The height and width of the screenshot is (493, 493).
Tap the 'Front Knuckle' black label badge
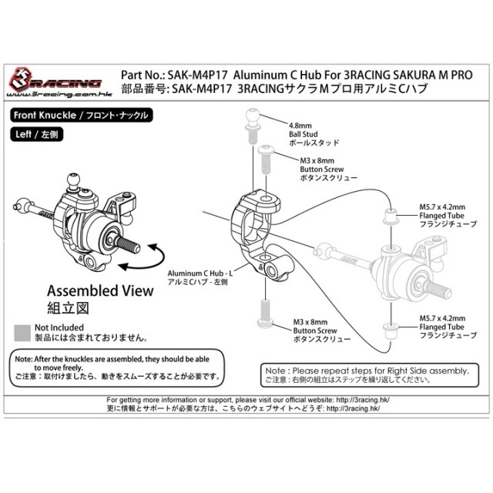pyautogui.click(x=82, y=116)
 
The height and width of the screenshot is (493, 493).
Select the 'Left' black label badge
pyautogui.click(x=37, y=135)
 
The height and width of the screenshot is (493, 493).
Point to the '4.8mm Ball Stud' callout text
pyautogui.click(x=314, y=134)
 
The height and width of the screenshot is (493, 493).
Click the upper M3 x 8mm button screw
pyautogui.click(x=266, y=159)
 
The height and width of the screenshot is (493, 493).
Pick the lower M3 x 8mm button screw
pyautogui.click(x=266, y=314)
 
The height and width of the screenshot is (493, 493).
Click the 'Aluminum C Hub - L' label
pyautogui.click(x=200, y=277)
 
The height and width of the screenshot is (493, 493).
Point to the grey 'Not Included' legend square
pyautogui.click(x=22, y=333)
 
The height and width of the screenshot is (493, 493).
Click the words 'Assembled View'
pyautogui.click(x=100, y=291)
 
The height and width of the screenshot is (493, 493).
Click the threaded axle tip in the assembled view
pyautogui.click(x=129, y=243)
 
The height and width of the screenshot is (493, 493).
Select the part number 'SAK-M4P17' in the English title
pyautogui.click(x=197, y=75)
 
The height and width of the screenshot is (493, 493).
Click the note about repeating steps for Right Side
pyautogui.click(x=370, y=375)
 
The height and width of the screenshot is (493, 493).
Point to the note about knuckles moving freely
pyautogui.click(x=117, y=367)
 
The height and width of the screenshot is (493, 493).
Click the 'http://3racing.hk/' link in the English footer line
pyautogui.click(x=363, y=400)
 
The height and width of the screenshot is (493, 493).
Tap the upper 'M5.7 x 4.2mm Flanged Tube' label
pyautogui.click(x=448, y=216)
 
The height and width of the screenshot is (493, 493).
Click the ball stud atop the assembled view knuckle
pyautogui.click(x=74, y=182)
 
